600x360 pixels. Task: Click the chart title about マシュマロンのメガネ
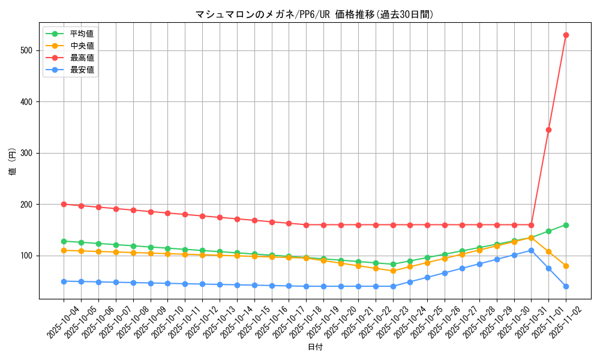click(314, 14)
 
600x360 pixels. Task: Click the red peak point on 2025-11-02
click(566, 35)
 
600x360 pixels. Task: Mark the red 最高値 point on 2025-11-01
click(548, 130)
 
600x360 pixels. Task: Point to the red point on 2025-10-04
click(64, 204)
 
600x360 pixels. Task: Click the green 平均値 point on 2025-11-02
click(566, 225)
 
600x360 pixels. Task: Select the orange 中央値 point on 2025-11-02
click(566, 266)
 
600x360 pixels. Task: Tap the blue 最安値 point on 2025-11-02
click(566, 286)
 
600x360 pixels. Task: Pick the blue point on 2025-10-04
click(64, 281)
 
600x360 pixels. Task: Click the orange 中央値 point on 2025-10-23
click(393, 271)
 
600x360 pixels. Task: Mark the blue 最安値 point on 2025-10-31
click(531, 250)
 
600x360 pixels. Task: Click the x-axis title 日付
click(315, 347)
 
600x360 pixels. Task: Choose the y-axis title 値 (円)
click(13, 161)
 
